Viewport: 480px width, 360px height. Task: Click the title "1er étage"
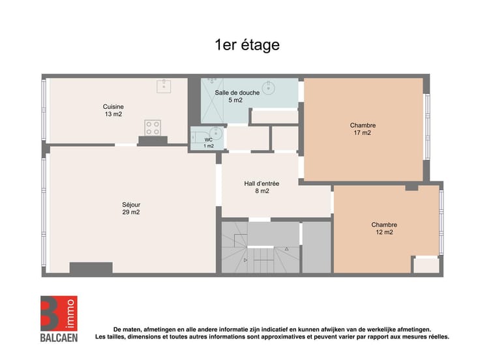point(247,45)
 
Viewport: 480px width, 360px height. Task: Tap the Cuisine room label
point(113,106)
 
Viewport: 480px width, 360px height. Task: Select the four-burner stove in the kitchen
point(153,128)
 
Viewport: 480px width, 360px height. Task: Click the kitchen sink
point(164,86)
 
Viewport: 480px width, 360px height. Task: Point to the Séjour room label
point(131,205)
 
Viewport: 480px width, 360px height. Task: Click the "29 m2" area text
point(131,212)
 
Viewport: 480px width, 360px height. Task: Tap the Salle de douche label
point(237,93)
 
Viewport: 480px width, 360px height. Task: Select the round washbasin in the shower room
point(269,87)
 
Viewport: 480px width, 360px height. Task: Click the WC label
point(209,140)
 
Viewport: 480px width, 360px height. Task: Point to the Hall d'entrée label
point(262,184)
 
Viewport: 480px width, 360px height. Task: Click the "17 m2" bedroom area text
point(363,133)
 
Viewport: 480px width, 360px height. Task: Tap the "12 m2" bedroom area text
point(385,232)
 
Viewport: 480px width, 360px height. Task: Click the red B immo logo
point(59,313)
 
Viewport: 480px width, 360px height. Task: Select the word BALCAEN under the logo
point(59,338)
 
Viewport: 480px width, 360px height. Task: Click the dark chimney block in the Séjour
point(91,267)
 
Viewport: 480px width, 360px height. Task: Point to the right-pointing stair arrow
point(245,260)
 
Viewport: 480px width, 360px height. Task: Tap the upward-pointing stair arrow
point(286,249)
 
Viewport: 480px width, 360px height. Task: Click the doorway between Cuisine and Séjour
point(126,145)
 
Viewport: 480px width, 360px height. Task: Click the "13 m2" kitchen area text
point(113,114)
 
